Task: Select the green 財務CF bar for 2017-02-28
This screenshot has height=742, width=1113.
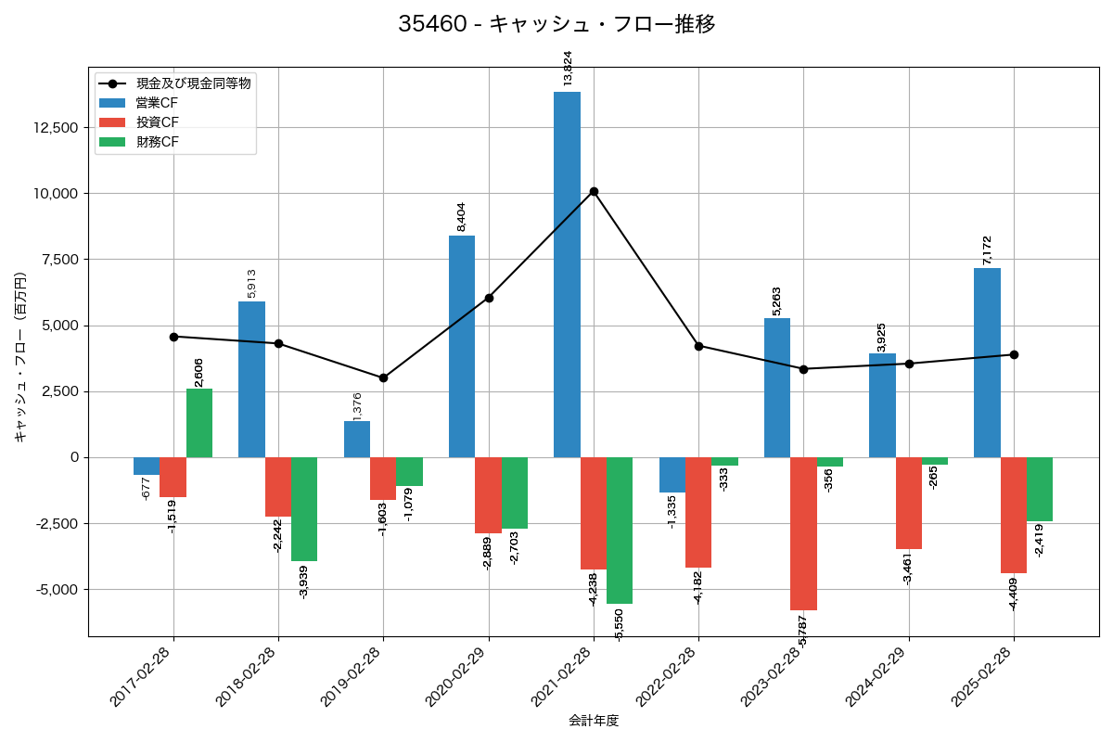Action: click(x=199, y=423)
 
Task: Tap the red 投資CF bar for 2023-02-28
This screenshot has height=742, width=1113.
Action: click(x=803, y=533)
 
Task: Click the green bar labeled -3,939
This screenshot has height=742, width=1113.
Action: click(x=304, y=509)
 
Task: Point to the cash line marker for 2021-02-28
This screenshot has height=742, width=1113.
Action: click(x=594, y=192)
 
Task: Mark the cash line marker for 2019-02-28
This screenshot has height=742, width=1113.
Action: click(x=383, y=377)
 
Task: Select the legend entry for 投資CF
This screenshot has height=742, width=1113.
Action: click(x=157, y=122)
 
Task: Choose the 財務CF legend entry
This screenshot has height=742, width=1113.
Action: click(x=157, y=142)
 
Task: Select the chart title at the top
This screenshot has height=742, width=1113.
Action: click(x=556, y=24)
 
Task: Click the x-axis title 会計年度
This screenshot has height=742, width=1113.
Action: click(x=594, y=721)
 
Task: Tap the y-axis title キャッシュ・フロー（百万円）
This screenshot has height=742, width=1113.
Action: click(x=20, y=357)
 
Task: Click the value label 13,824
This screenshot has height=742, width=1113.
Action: click(x=568, y=70)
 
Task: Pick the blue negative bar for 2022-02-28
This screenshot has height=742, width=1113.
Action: click(x=672, y=475)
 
